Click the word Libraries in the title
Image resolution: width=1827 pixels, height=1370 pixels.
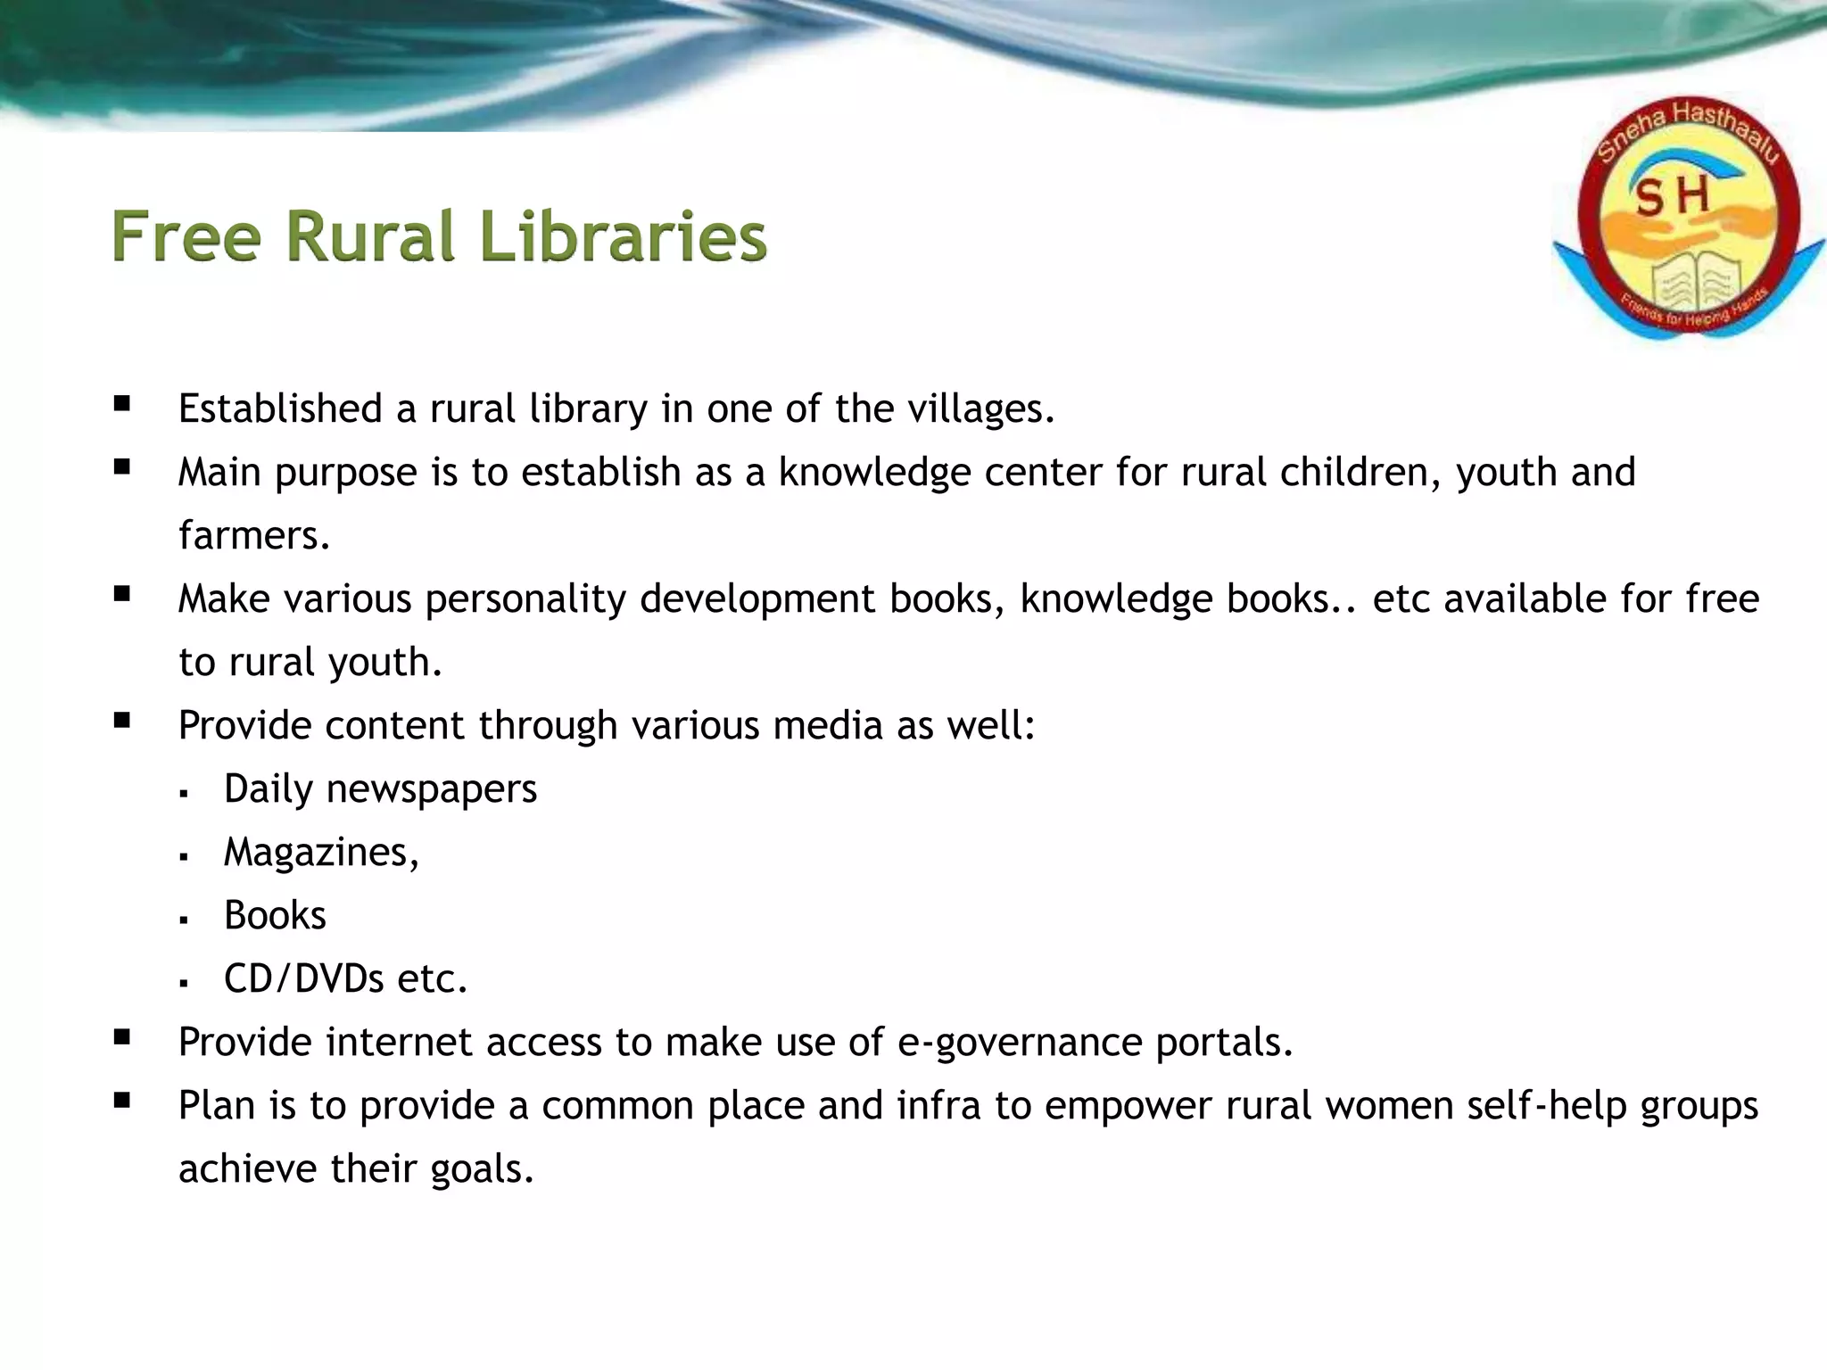click(623, 237)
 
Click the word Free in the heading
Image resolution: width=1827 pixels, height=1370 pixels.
click(186, 237)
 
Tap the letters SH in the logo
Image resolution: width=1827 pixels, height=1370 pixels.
click(1673, 195)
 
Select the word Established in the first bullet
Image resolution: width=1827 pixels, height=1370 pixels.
click(280, 409)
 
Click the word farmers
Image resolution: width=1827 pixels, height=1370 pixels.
click(253, 535)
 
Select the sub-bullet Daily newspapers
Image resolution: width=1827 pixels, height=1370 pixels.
click(380, 789)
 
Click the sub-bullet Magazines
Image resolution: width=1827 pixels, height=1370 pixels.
click(320, 853)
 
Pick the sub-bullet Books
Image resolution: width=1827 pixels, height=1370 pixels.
click(275, 916)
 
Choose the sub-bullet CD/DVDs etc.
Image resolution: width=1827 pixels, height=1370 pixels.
click(345, 979)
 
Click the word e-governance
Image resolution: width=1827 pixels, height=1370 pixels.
click(1019, 1043)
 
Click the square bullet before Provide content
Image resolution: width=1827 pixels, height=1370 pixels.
click(122, 721)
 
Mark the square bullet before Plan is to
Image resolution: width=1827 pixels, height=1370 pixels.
click(122, 1101)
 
